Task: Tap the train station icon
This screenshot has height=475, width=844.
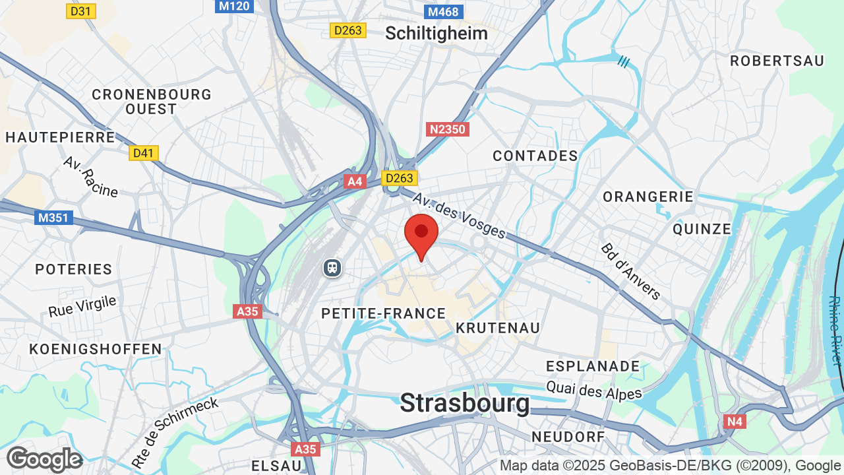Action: pyautogui.click(x=332, y=267)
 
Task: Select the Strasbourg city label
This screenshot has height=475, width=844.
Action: pyautogui.click(x=465, y=402)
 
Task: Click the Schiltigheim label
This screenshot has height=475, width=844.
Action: pyautogui.click(x=437, y=33)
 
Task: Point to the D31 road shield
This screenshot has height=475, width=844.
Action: pyautogui.click(x=81, y=11)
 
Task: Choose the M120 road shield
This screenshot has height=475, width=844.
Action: pyautogui.click(x=234, y=6)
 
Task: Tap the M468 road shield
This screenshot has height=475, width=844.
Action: pyautogui.click(x=442, y=11)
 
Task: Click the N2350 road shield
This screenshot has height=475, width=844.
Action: pyautogui.click(x=448, y=129)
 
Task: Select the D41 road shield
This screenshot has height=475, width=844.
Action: pyautogui.click(x=143, y=153)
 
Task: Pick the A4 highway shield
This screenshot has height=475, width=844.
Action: pyautogui.click(x=355, y=181)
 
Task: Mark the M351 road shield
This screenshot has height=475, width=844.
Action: pyautogui.click(x=53, y=217)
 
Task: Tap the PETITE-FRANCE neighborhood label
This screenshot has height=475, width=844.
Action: pyautogui.click(x=384, y=313)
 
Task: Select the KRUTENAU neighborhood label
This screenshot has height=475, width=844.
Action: pyautogui.click(x=498, y=328)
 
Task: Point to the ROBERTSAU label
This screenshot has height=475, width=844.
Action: pyautogui.click(x=777, y=61)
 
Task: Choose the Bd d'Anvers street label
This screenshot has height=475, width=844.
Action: pyautogui.click(x=630, y=270)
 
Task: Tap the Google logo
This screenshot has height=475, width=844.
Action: pyautogui.click(x=44, y=459)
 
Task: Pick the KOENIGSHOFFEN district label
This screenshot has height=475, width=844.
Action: pyautogui.click(x=96, y=349)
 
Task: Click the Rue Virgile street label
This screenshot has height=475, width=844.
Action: pyautogui.click(x=82, y=306)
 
